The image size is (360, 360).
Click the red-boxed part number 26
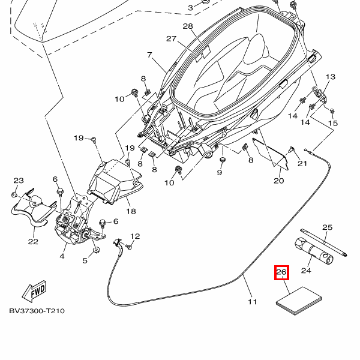(282, 273)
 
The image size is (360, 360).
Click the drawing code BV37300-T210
(37, 311)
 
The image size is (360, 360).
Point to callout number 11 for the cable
(252, 301)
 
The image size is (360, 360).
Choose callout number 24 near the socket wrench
(306, 271)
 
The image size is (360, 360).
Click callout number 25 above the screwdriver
(327, 227)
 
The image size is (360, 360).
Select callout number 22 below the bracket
(32, 242)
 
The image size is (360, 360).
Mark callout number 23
(19, 181)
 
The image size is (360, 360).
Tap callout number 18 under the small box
(131, 211)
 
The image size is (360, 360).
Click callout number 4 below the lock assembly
(62, 256)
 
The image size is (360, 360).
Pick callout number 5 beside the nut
(85, 260)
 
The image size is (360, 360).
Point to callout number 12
(135, 236)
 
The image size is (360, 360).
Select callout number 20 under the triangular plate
(279, 181)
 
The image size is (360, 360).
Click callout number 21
(302, 164)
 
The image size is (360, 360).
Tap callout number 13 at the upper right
(331, 77)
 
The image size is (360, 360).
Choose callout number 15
(333, 123)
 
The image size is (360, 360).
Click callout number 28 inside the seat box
(188, 26)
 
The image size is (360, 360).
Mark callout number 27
(172, 39)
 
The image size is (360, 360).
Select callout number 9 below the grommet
(220, 173)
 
